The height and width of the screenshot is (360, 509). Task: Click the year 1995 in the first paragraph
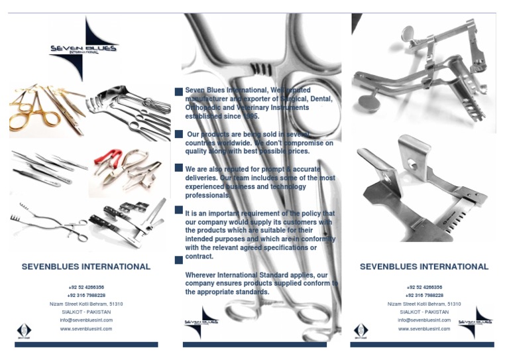[251, 116]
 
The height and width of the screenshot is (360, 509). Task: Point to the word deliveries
[202, 178]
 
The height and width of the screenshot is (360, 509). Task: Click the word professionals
[207, 196]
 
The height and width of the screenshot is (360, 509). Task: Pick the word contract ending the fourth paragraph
[199, 256]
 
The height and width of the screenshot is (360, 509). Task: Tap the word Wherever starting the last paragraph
[202, 274]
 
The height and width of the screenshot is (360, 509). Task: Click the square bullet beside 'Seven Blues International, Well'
[178, 93]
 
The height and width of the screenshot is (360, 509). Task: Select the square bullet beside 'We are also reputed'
[178, 168]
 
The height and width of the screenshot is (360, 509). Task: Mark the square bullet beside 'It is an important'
[178, 210]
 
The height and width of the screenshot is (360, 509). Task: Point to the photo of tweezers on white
[48, 169]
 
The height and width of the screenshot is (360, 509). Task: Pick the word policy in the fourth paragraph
[307, 213]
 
